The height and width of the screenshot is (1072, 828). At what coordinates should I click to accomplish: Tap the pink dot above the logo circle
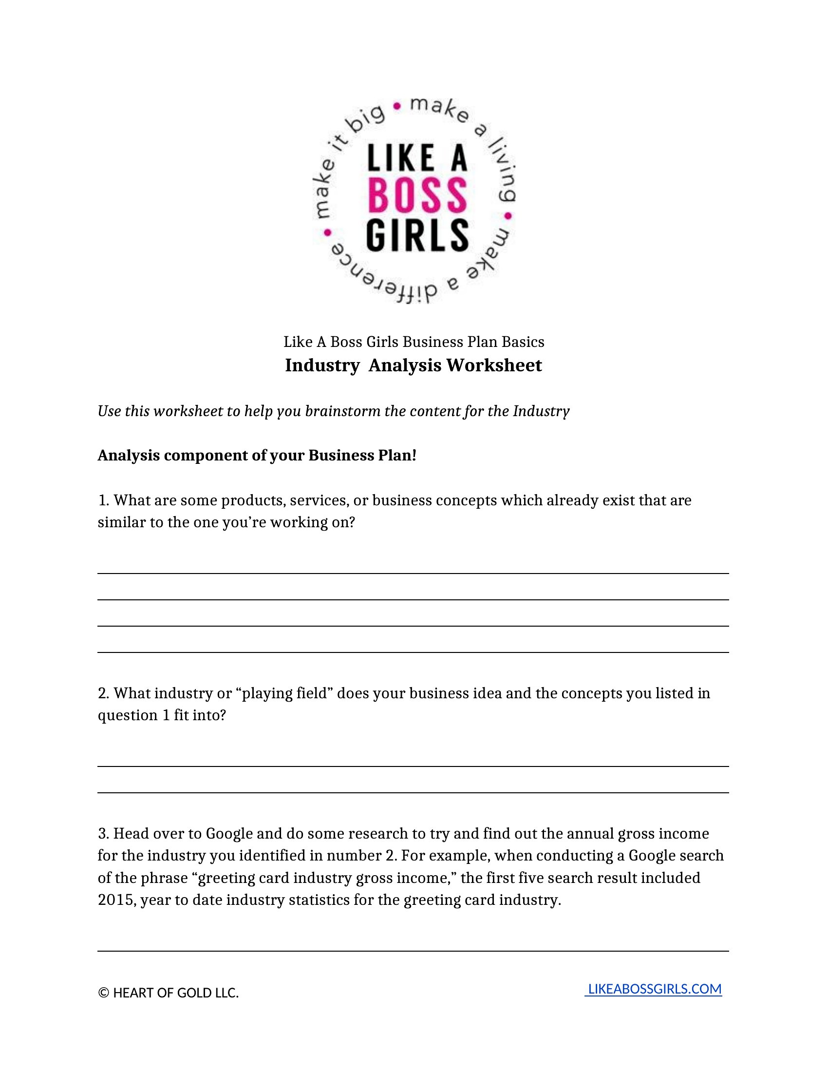[397, 105]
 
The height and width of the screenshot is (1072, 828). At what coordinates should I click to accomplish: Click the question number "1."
[103, 500]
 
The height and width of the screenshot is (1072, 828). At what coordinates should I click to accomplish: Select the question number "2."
[103, 693]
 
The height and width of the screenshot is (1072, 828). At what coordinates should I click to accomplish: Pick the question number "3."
[103, 833]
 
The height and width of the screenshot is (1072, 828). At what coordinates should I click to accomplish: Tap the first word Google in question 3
[229, 833]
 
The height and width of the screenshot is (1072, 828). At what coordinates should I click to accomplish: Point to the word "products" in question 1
[254, 500]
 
